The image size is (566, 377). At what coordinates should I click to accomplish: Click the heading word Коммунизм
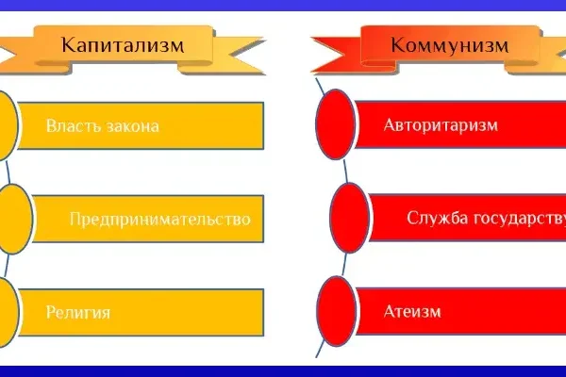click(450, 44)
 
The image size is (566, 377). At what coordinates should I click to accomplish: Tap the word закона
click(131, 126)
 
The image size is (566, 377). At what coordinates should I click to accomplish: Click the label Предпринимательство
click(159, 219)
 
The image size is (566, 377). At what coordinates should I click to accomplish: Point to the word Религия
click(78, 311)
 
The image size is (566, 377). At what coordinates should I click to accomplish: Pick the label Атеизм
click(412, 310)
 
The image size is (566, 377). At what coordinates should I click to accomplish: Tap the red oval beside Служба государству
click(349, 218)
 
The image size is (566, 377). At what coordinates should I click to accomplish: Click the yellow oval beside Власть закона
click(5, 126)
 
